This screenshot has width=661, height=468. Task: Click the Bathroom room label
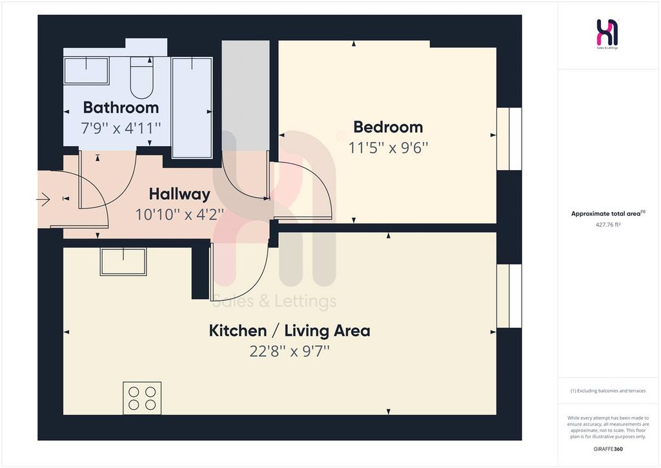[121, 107]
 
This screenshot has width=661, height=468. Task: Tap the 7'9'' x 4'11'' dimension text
[121, 128]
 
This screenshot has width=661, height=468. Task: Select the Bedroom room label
[388, 127]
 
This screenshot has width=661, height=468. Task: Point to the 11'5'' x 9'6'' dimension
[388, 147]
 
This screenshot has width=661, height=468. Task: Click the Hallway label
[179, 194]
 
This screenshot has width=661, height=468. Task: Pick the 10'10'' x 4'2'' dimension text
[179, 215]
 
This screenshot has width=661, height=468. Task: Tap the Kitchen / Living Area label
[290, 330]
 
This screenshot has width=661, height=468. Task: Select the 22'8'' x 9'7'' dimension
[290, 351]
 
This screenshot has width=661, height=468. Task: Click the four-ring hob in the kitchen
[142, 398]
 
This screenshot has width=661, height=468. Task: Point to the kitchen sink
[123, 262]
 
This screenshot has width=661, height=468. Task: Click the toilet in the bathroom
[141, 78]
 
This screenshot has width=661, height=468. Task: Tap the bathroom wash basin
[86, 70]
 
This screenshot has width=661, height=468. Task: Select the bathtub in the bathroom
[192, 107]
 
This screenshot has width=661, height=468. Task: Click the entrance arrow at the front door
[43, 198]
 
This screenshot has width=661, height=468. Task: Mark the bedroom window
[509, 139]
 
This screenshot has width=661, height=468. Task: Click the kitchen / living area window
[509, 296]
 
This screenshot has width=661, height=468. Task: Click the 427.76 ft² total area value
[608, 224]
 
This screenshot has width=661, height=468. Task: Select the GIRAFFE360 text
[608, 449]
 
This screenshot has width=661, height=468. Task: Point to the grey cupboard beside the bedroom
[246, 96]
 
